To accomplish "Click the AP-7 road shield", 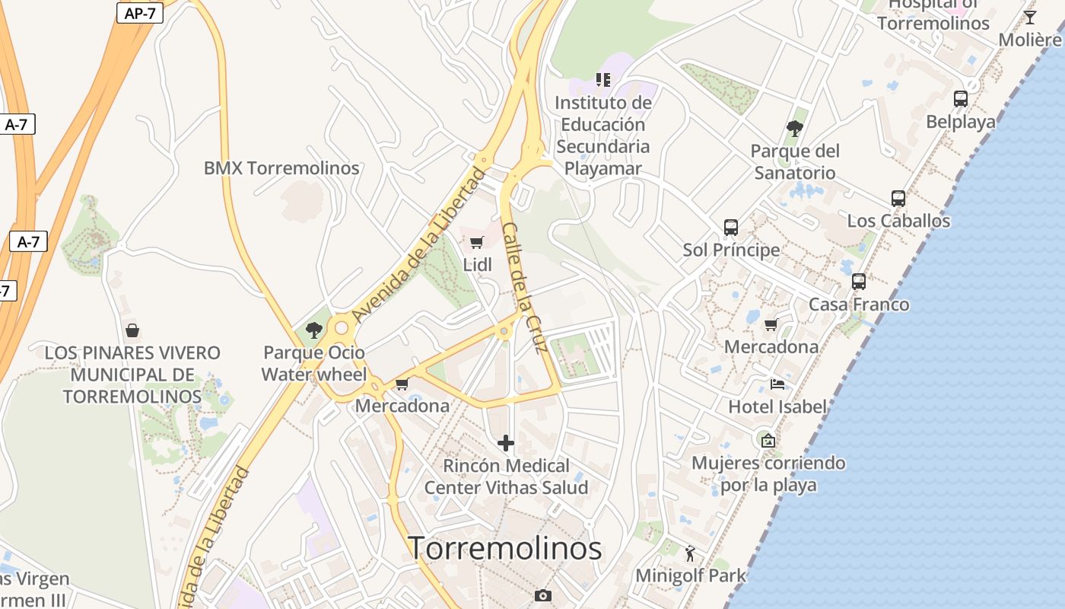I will (140, 12).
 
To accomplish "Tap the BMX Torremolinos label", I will (281, 168).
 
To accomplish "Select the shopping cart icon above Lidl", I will (477, 243).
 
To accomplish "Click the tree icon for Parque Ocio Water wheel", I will (313, 330).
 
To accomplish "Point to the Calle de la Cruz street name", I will (525, 288).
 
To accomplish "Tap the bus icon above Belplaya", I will (961, 99).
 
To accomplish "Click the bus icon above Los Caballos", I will (898, 199).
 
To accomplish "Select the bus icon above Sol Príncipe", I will (731, 228).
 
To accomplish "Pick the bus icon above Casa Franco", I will (859, 282).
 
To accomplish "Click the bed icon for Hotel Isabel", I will (777, 384).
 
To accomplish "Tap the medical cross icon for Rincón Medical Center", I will (506, 443).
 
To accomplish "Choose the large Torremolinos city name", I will (505, 548).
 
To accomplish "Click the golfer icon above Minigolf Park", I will (691, 553).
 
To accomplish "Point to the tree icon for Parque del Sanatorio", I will (795, 128).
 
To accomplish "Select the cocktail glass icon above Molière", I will (1030, 17).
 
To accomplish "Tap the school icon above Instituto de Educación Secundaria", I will (603, 79).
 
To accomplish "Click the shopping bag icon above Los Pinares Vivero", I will (132, 330).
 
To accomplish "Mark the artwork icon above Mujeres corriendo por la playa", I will (768, 440).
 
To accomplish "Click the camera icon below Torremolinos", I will (542, 595).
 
